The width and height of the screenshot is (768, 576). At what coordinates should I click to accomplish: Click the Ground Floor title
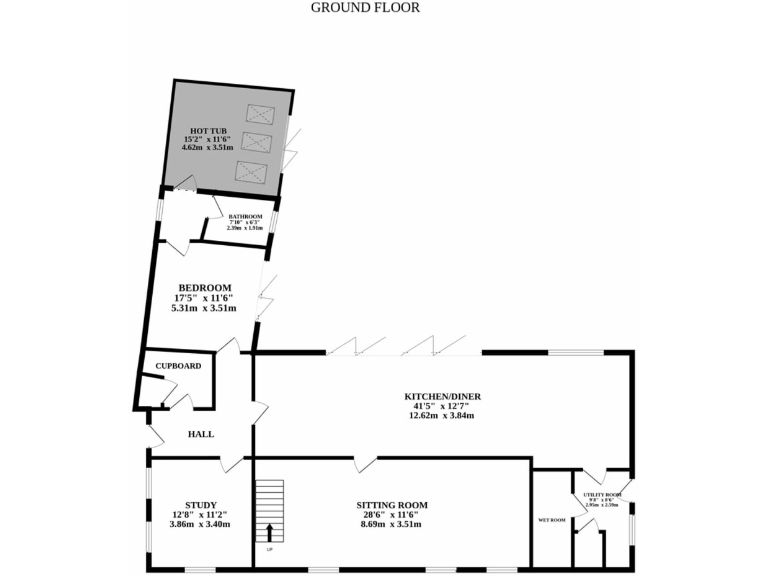pyautogui.click(x=365, y=7)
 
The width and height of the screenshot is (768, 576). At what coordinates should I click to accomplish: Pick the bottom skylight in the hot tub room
pyautogui.click(x=250, y=171)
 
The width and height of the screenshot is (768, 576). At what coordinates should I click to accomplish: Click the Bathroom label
pyautogui.click(x=245, y=217)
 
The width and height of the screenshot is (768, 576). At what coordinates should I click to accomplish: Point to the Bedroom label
pyautogui.click(x=205, y=287)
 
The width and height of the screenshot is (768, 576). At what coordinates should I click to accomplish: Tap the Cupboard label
pyautogui.click(x=178, y=366)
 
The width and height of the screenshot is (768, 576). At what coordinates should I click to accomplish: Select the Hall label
pyautogui.click(x=202, y=434)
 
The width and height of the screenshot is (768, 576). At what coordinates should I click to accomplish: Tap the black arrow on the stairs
pyautogui.click(x=269, y=531)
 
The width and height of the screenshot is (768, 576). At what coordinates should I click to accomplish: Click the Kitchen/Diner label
pyautogui.click(x=442, y=396)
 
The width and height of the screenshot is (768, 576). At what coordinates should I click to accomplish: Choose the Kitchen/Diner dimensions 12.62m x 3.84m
pyautogui.click(x=442, y=415)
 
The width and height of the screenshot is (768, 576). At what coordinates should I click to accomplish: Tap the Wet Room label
pyautogui.click(x=552, y=520)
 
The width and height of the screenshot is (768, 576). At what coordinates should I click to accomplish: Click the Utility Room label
pyautogui.click(x=602, y=495)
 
